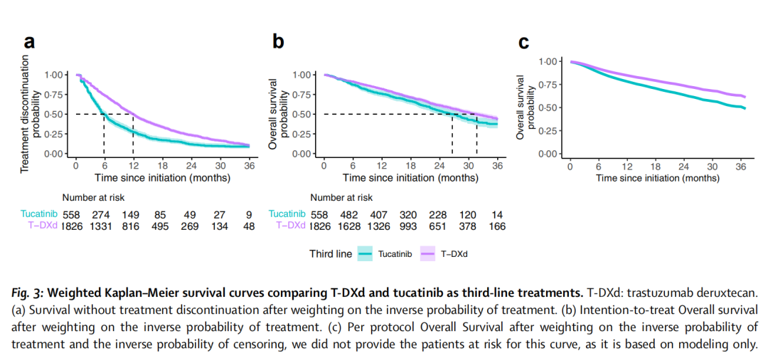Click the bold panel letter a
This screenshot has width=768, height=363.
pos(29,41)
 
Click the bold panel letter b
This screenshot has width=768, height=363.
pos(279,41)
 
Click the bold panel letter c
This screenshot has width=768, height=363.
pos(523,42)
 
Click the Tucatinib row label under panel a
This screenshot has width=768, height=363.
pos(39,214)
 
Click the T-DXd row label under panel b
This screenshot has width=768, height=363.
pos(287,226)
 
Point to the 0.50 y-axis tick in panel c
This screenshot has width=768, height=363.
pos(548,107)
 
